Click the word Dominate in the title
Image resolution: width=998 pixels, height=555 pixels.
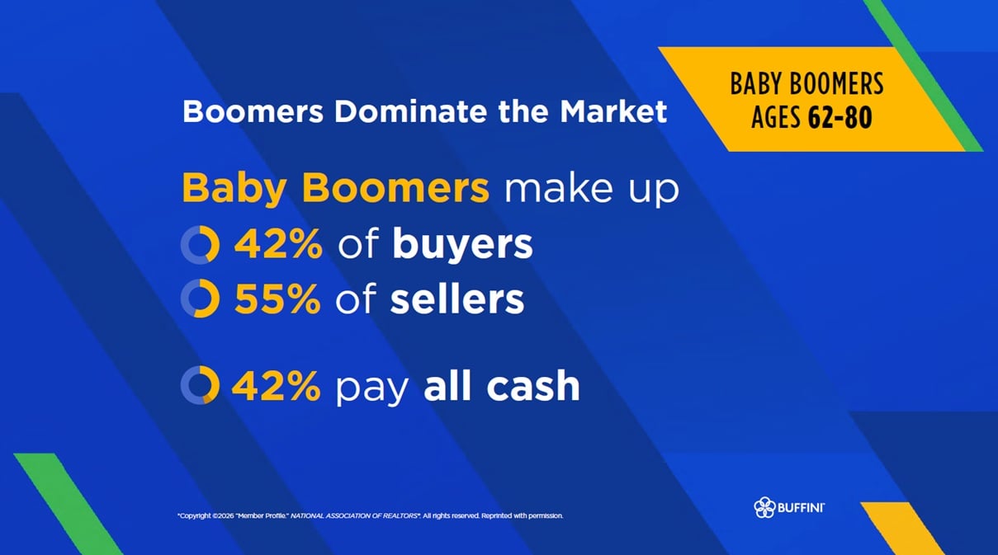[410, 111]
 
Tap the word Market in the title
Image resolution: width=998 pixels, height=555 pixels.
[613, 111]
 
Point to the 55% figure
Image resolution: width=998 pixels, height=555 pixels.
[277, 299]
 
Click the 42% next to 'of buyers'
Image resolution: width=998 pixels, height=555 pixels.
[278, 243]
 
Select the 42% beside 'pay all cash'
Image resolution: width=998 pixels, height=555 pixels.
[277, 385]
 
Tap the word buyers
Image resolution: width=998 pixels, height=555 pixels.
[462, 245]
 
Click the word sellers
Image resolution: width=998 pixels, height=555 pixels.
[457, 299]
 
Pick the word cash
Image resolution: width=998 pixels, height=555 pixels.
[533, 385]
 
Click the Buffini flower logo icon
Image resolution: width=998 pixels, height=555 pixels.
[764, 507]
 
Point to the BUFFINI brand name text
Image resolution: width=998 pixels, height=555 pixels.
[801, 507]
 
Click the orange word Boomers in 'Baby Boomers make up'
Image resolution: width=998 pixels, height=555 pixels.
[395, 188]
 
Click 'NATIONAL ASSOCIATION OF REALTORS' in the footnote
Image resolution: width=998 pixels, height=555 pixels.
[354, 516]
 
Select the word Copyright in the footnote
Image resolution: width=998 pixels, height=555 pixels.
[195, 516]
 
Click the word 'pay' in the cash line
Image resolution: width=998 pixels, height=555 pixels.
[372, 388]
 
